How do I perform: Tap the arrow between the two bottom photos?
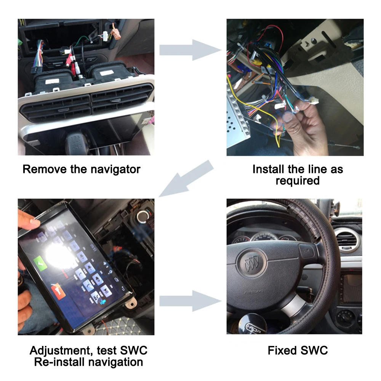point(189,301)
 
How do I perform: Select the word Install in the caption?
point(268,169)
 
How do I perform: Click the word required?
point(298,181)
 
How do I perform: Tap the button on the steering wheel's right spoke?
point(306,251)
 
